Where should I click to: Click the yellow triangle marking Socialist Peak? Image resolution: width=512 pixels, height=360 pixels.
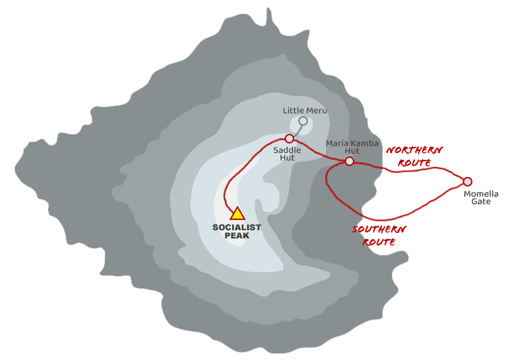click(237, 214)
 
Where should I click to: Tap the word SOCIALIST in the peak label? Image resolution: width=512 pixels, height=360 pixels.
click(237, 227)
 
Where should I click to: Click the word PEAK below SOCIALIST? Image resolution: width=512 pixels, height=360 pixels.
click(237, 236)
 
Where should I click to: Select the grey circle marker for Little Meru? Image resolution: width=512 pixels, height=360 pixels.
click(303, 121)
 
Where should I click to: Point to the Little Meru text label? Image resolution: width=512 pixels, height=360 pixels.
click(304, 110)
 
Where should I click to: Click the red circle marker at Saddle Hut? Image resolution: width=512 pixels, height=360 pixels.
click(289, 139)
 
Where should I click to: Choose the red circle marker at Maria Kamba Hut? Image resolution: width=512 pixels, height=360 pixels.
click(350, 161)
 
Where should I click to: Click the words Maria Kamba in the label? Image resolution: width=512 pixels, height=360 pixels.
click(352, 143)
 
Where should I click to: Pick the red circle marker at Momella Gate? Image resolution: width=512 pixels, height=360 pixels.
click(468, 182)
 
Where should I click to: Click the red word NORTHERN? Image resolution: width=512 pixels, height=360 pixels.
click(414, 150)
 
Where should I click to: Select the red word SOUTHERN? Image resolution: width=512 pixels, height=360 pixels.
click(379, 230)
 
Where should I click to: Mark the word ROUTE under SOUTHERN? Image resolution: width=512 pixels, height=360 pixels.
click(379, 242)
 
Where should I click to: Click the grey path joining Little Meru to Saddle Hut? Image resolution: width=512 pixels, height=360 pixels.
click(298, 130)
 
